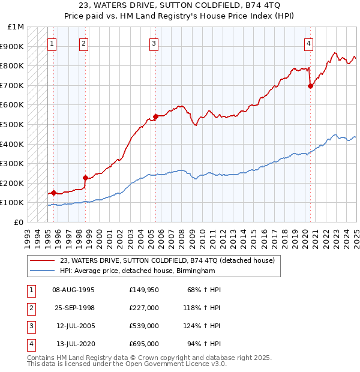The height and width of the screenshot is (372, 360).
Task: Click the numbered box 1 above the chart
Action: (52, 43)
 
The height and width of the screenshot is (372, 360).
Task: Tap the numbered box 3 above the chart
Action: (154, 43)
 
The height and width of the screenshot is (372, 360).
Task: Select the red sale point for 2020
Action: (310, 86)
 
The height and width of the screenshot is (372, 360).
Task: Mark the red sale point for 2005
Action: (155, 116)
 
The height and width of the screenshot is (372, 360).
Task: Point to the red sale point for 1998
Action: (85, 178)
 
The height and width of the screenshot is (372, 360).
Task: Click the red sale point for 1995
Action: (53, 193)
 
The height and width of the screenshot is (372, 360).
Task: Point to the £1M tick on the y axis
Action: (16, 27)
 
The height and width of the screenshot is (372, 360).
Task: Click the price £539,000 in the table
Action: (144, 326)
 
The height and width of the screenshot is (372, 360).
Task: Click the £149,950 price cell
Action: (144, 290)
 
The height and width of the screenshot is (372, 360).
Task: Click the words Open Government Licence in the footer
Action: (179, 364)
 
